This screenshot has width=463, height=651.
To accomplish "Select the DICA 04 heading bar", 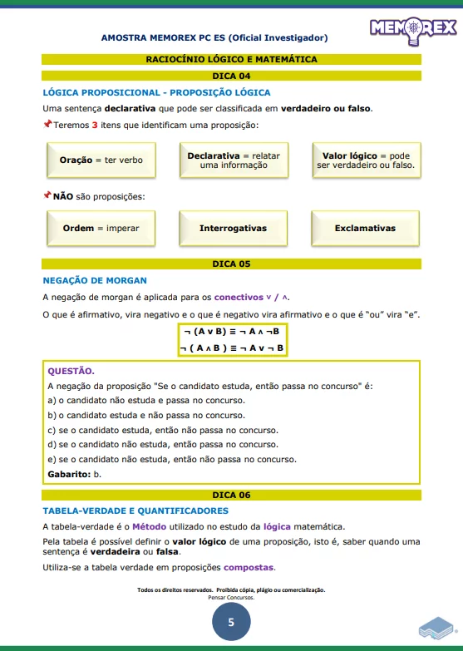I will click(x=231, y=76).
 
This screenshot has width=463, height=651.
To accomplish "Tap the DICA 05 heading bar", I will click(x=231, y=264).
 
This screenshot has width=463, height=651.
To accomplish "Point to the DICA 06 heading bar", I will click(x=231, y=494).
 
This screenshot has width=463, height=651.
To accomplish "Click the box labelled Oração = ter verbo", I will click(x=101, y=160).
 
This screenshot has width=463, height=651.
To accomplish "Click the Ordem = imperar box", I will click(x=101, y=228).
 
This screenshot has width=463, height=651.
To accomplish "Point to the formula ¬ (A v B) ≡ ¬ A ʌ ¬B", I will click(x=232, y=331).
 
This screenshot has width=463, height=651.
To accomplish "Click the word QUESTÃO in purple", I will click(x=71, y=371).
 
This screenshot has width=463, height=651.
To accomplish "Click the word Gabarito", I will click(x=68, y=474).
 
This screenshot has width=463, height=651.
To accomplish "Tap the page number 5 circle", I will click(x=231, y=621).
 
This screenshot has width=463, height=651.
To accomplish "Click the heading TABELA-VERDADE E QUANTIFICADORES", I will click(x=135, y=510).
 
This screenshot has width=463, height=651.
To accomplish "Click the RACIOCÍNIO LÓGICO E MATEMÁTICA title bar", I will click(x=231, y=59).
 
